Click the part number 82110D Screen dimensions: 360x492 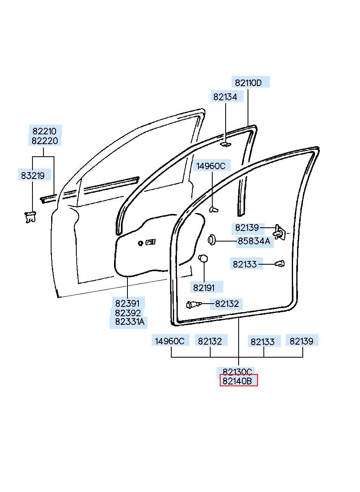pyautogui.click(x=248, y=83)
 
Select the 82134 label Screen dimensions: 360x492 pyautogui.click(x=225, y=97)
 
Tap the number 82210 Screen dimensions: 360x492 pyautogui.click(x=44, y=131)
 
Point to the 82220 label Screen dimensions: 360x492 pyautogui.click(x=45, y=141)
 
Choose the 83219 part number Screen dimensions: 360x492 pyautogui.click(x=33, y=175)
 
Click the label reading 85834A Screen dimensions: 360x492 pyautogui.click(x=254, y=241)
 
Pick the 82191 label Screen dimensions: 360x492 pyautogui.click(x=204, y=288)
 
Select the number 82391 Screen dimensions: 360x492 pyautogui.click(x=127, y=304)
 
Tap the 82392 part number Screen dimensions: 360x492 pyautogui.click(x=128, y=313)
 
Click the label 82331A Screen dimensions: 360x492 pyautogui.click(x=129, y=322)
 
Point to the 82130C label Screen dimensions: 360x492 pyautogui.click(x=237, y=372)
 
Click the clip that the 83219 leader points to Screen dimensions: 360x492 pyautogui.click(x=30, y=217)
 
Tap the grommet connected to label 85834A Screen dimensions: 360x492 pyautogui.click(x=211, y=240)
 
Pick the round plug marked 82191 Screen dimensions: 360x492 pyautogui.click(x=203, y=258)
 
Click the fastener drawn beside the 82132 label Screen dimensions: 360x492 pyautogui.click(x=194, y=304)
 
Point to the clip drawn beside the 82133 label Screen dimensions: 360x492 pyautogui.click(x=280, y=263)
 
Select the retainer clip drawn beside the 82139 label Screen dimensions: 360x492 pyautogui.click(x=280, y=232)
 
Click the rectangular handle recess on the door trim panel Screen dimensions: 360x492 pyautogui.click(x=151, y=242)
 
